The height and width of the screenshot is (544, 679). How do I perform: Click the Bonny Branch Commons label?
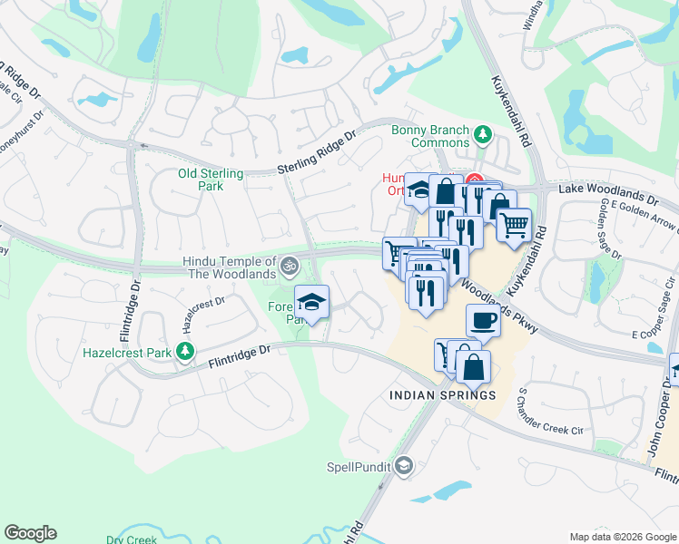click(x=429, y=136)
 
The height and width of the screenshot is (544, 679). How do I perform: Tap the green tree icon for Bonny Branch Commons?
click(x=483, y=135)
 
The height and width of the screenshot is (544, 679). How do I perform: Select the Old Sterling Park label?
click(x=211, y=180)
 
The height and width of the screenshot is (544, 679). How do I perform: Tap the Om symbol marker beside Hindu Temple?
click(x=290, y=266)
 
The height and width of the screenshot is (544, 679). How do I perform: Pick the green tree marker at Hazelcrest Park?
click(x=186, y=351)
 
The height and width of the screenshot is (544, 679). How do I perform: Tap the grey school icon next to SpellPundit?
click(x=404, y=466)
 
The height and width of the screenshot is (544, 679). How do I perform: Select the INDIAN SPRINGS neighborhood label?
click(x=442, y=395)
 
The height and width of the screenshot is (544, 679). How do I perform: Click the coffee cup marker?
click(x=483, y=320)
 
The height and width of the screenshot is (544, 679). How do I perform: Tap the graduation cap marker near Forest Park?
click(x=311, y=301)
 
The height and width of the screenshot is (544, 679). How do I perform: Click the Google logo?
click(x=30, y=533)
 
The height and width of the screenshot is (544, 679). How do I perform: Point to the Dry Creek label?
click(x=131, y=539)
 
